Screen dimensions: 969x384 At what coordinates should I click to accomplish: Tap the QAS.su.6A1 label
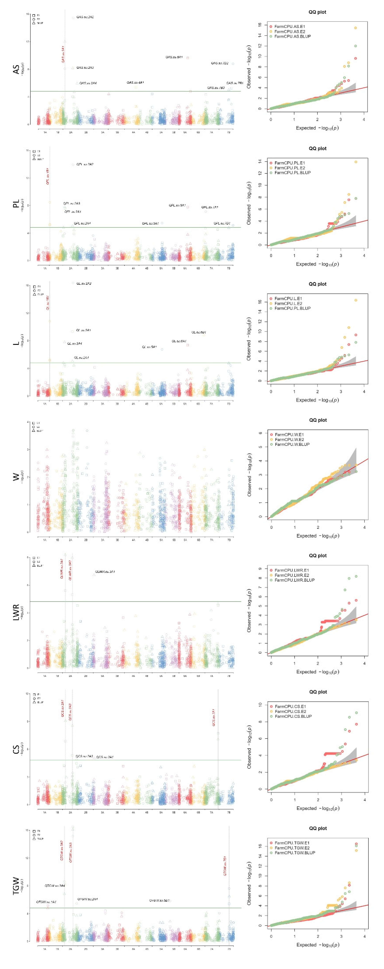click(x=174, y=57)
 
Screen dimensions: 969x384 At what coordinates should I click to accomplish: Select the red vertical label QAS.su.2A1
click(x=63, y=54)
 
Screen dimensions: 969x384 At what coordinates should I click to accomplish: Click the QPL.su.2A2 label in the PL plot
click(x=85, y=164)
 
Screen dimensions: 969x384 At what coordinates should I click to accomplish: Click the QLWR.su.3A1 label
click(x=105, y=572)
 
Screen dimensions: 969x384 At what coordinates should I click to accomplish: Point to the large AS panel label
click(x=16, y=70)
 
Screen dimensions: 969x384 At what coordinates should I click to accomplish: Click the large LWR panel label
click(x=16, y=612)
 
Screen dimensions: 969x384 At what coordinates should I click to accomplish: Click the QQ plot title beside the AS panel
click(x=317, y=12)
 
